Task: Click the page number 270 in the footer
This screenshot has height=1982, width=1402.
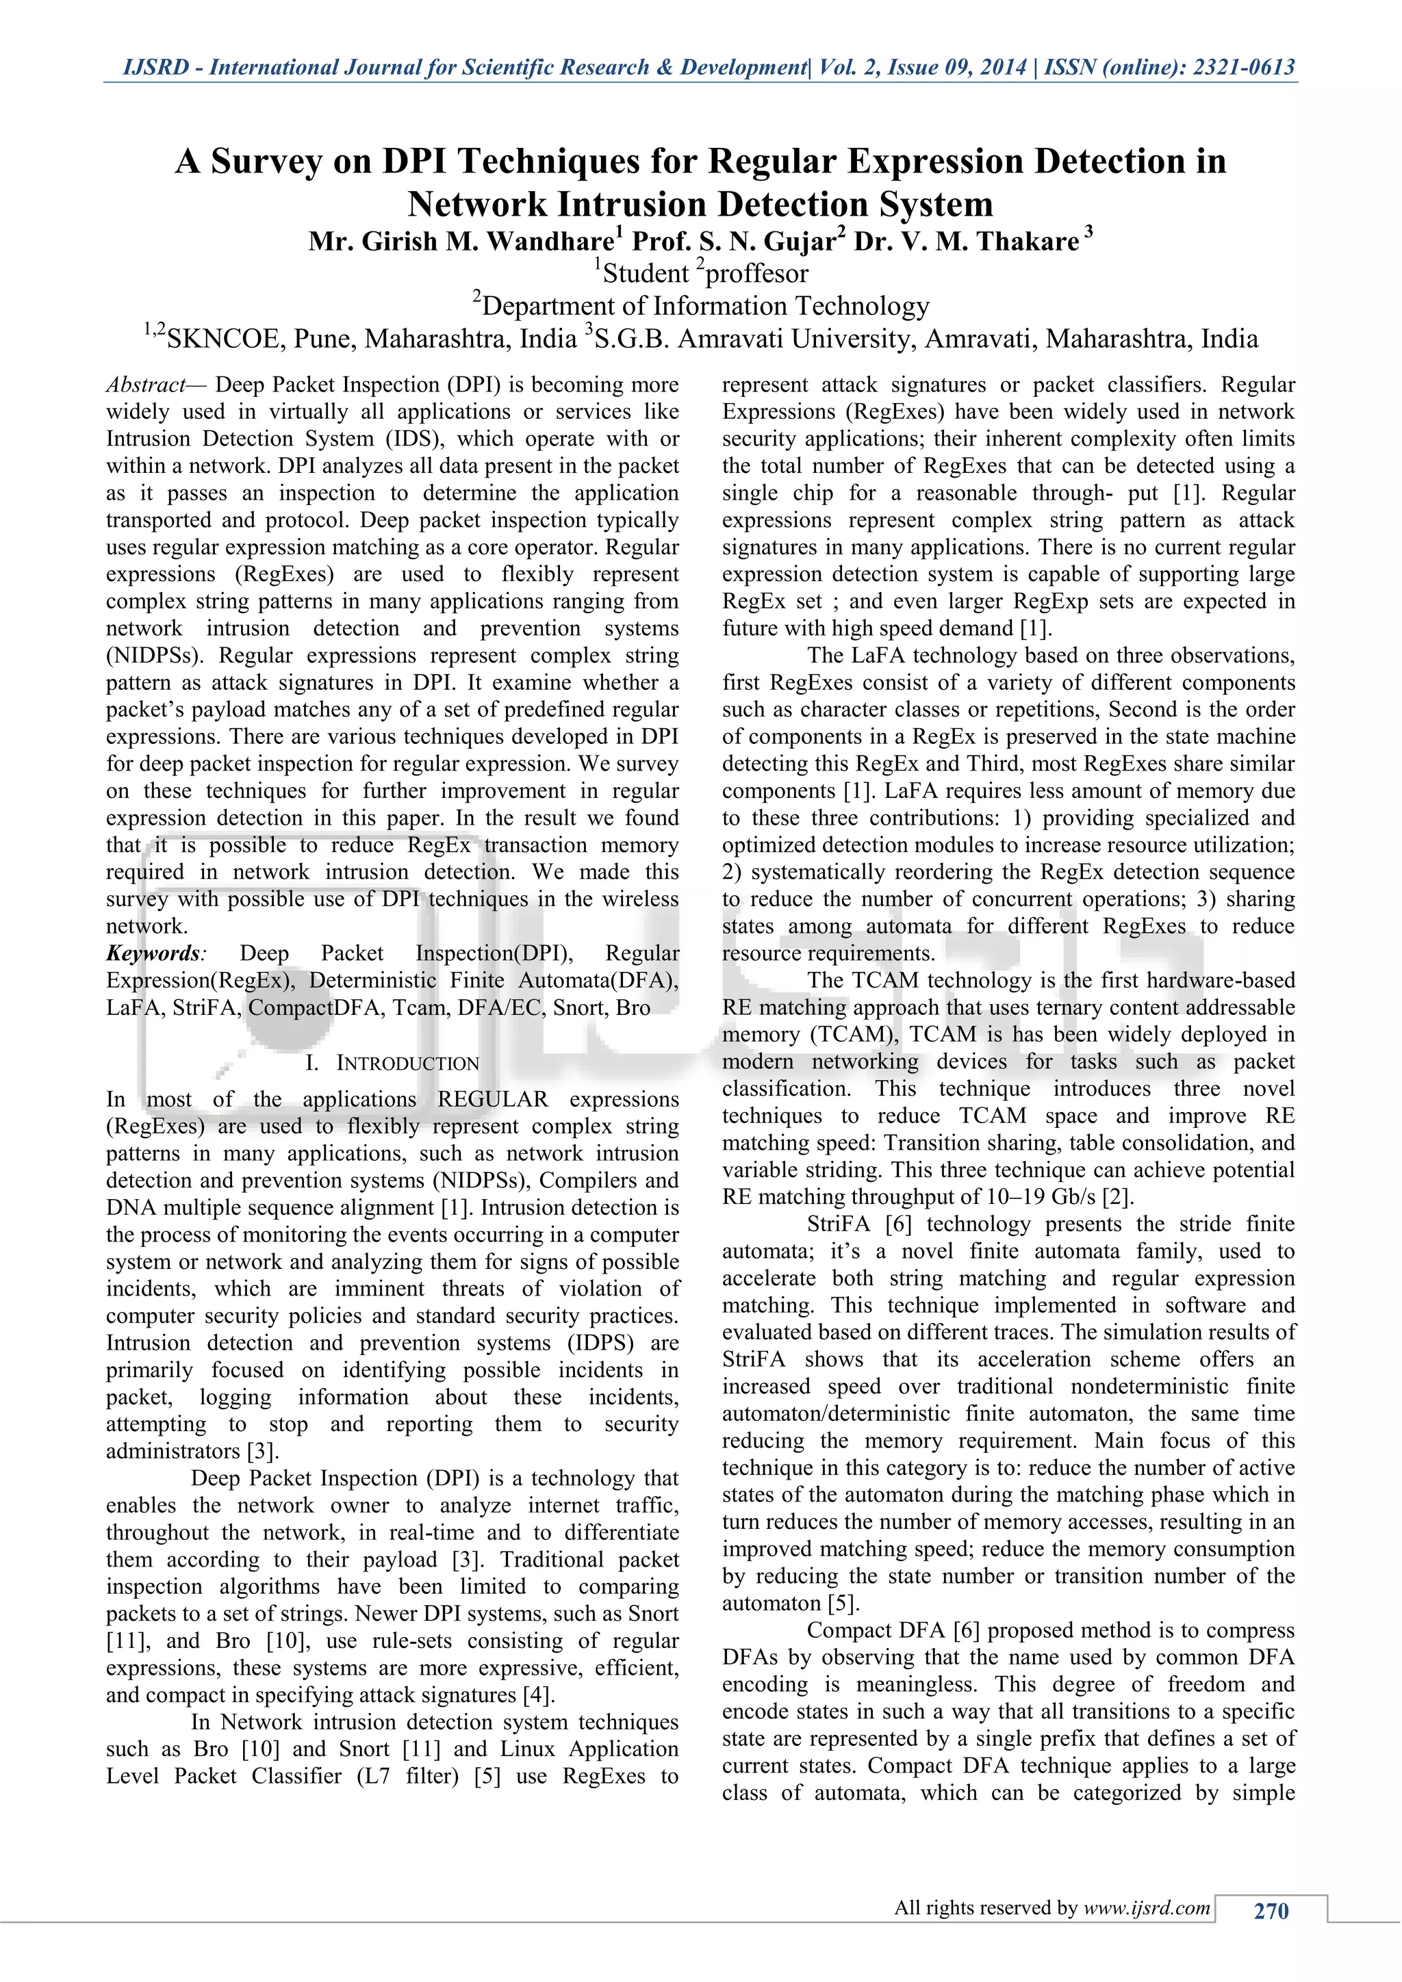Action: point(1270,1910)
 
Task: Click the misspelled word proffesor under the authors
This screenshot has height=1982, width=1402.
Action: point(757,274)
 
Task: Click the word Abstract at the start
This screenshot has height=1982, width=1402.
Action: point(145,385)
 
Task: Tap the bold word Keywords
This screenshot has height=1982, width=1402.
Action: point(153,953)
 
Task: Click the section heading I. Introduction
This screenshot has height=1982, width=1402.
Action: point(392,1063)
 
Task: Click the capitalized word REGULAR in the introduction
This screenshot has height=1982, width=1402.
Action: point(492,1100)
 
